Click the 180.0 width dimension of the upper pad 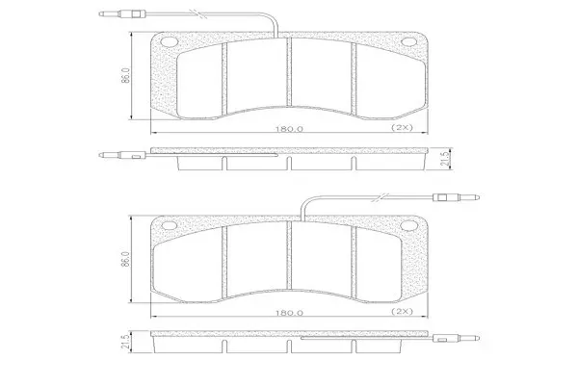pyautogui.click(x=289, y=129)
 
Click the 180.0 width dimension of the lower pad pyautogui.click(x=289, y=313)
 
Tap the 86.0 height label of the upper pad pyautogui.click(x=125, y=75)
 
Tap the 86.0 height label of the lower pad pyautogui.click(x=125, y=259)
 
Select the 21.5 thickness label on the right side pyautogui.click(x=445, y=159)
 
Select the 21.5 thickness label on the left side pyautogui.click(x=125, y=342)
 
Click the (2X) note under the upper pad pyautogui.click(x=402, y=128)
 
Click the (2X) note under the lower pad pyautogui.click(x=402, y=311)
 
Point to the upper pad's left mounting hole pyautogui.click(x=170, y=42)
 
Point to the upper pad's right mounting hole pyautogui.click(x=408, y=41)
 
